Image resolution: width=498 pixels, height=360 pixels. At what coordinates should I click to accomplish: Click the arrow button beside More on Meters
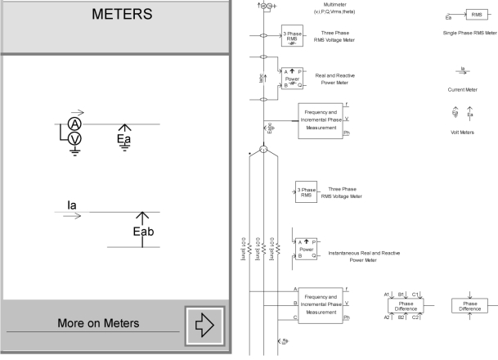203,325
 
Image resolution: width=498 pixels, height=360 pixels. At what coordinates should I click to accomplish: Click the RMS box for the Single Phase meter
473,15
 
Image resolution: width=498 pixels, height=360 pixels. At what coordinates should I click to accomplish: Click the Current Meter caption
462,89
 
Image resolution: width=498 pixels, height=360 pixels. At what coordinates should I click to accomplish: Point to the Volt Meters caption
462,131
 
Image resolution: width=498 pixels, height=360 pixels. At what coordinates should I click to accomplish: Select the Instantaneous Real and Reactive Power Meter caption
363,257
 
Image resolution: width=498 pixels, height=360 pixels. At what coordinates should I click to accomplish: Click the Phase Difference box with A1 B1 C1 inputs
405,305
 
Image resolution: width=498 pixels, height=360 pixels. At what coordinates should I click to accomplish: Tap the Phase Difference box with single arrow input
470,305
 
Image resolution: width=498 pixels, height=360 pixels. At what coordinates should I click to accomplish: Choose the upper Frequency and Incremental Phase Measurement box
321,121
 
